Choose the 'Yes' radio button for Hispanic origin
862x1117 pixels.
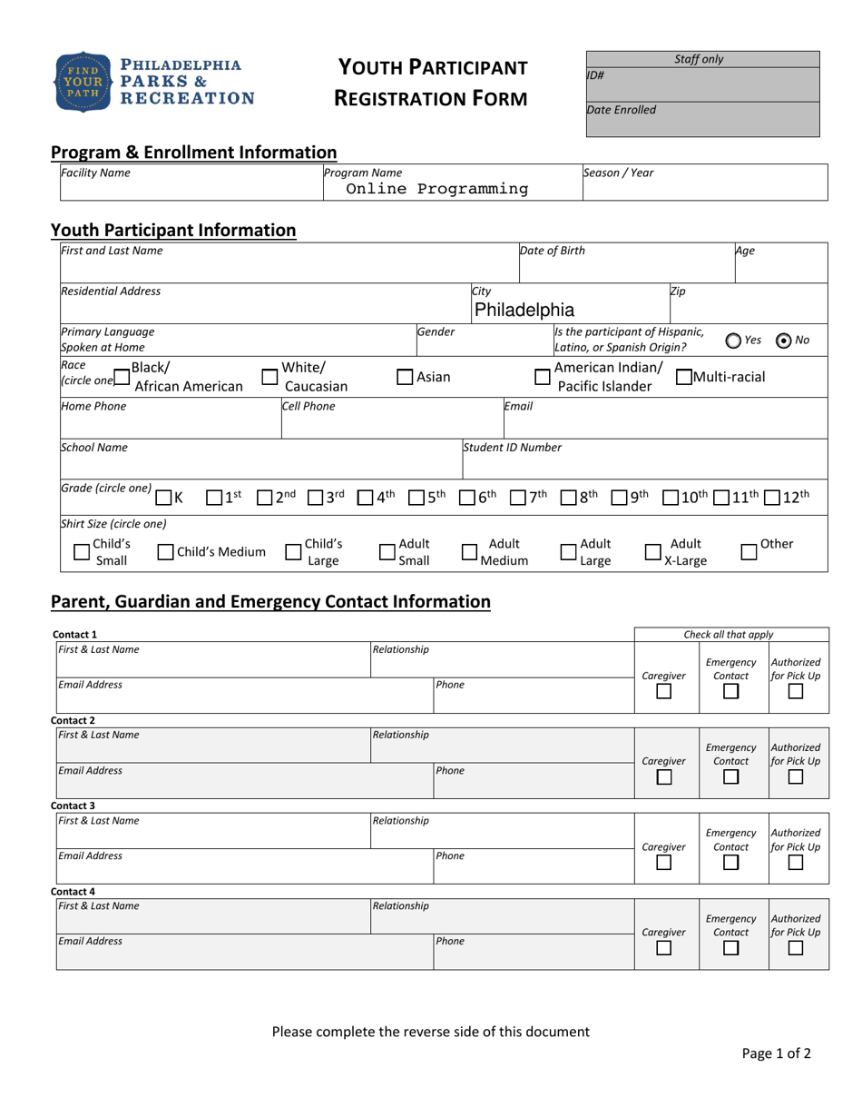click(x=733, y=341)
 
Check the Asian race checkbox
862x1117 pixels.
click(x=407, y=377)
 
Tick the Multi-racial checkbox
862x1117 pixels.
click(x=685, y=377)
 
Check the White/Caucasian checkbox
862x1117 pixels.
click(x=269, y=377)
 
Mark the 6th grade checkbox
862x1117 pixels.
click(x=467, y=497)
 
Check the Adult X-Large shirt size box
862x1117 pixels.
click(x=652, y=552)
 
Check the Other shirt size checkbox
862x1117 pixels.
click(x=749, y=552)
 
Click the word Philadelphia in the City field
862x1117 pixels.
click(x=524, y=310)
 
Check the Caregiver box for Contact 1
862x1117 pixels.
click(x=664, y=691)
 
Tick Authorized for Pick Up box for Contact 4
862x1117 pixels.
click(x=796, y=947)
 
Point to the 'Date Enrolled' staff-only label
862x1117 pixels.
click(x=622, y=110)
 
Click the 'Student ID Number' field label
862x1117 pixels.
click(x=513, y=448)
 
